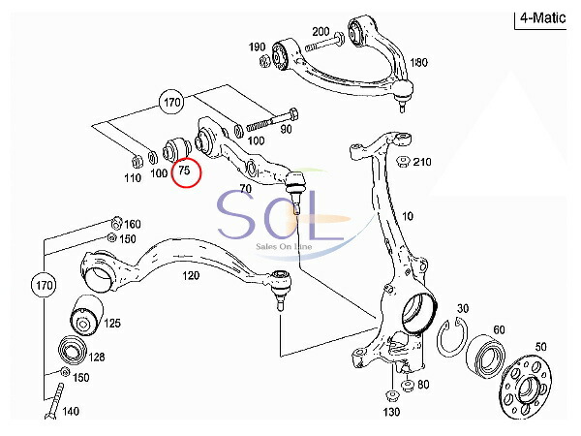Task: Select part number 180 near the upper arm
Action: pos(418,63)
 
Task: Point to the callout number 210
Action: pos(422,162)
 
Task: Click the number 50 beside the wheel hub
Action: pos(540,346)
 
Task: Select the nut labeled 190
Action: pos(266,63)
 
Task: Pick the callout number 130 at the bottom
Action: pos(391,413)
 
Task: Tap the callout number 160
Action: pos(132,225)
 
